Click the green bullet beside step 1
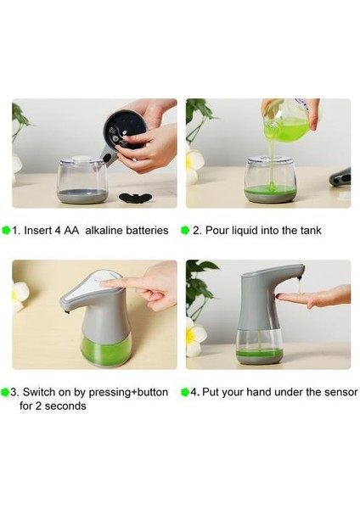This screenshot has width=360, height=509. point(6,230)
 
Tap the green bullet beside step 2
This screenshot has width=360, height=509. point(185,230)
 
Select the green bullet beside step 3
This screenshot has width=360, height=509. point(6,392)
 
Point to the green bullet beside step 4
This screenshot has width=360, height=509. point(185,392)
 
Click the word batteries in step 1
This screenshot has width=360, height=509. point(147,230)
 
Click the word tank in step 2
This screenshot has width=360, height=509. point(311,230)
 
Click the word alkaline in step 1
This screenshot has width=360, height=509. point(104,230)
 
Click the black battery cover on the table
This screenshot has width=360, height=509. point(136,198)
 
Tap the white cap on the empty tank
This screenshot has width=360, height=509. point(82,159)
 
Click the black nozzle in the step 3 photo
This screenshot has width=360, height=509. point(67,312)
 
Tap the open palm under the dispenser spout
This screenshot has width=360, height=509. point(310,297)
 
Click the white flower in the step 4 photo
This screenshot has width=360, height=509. point(196,338)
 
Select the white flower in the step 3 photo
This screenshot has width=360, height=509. point(20,297)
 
